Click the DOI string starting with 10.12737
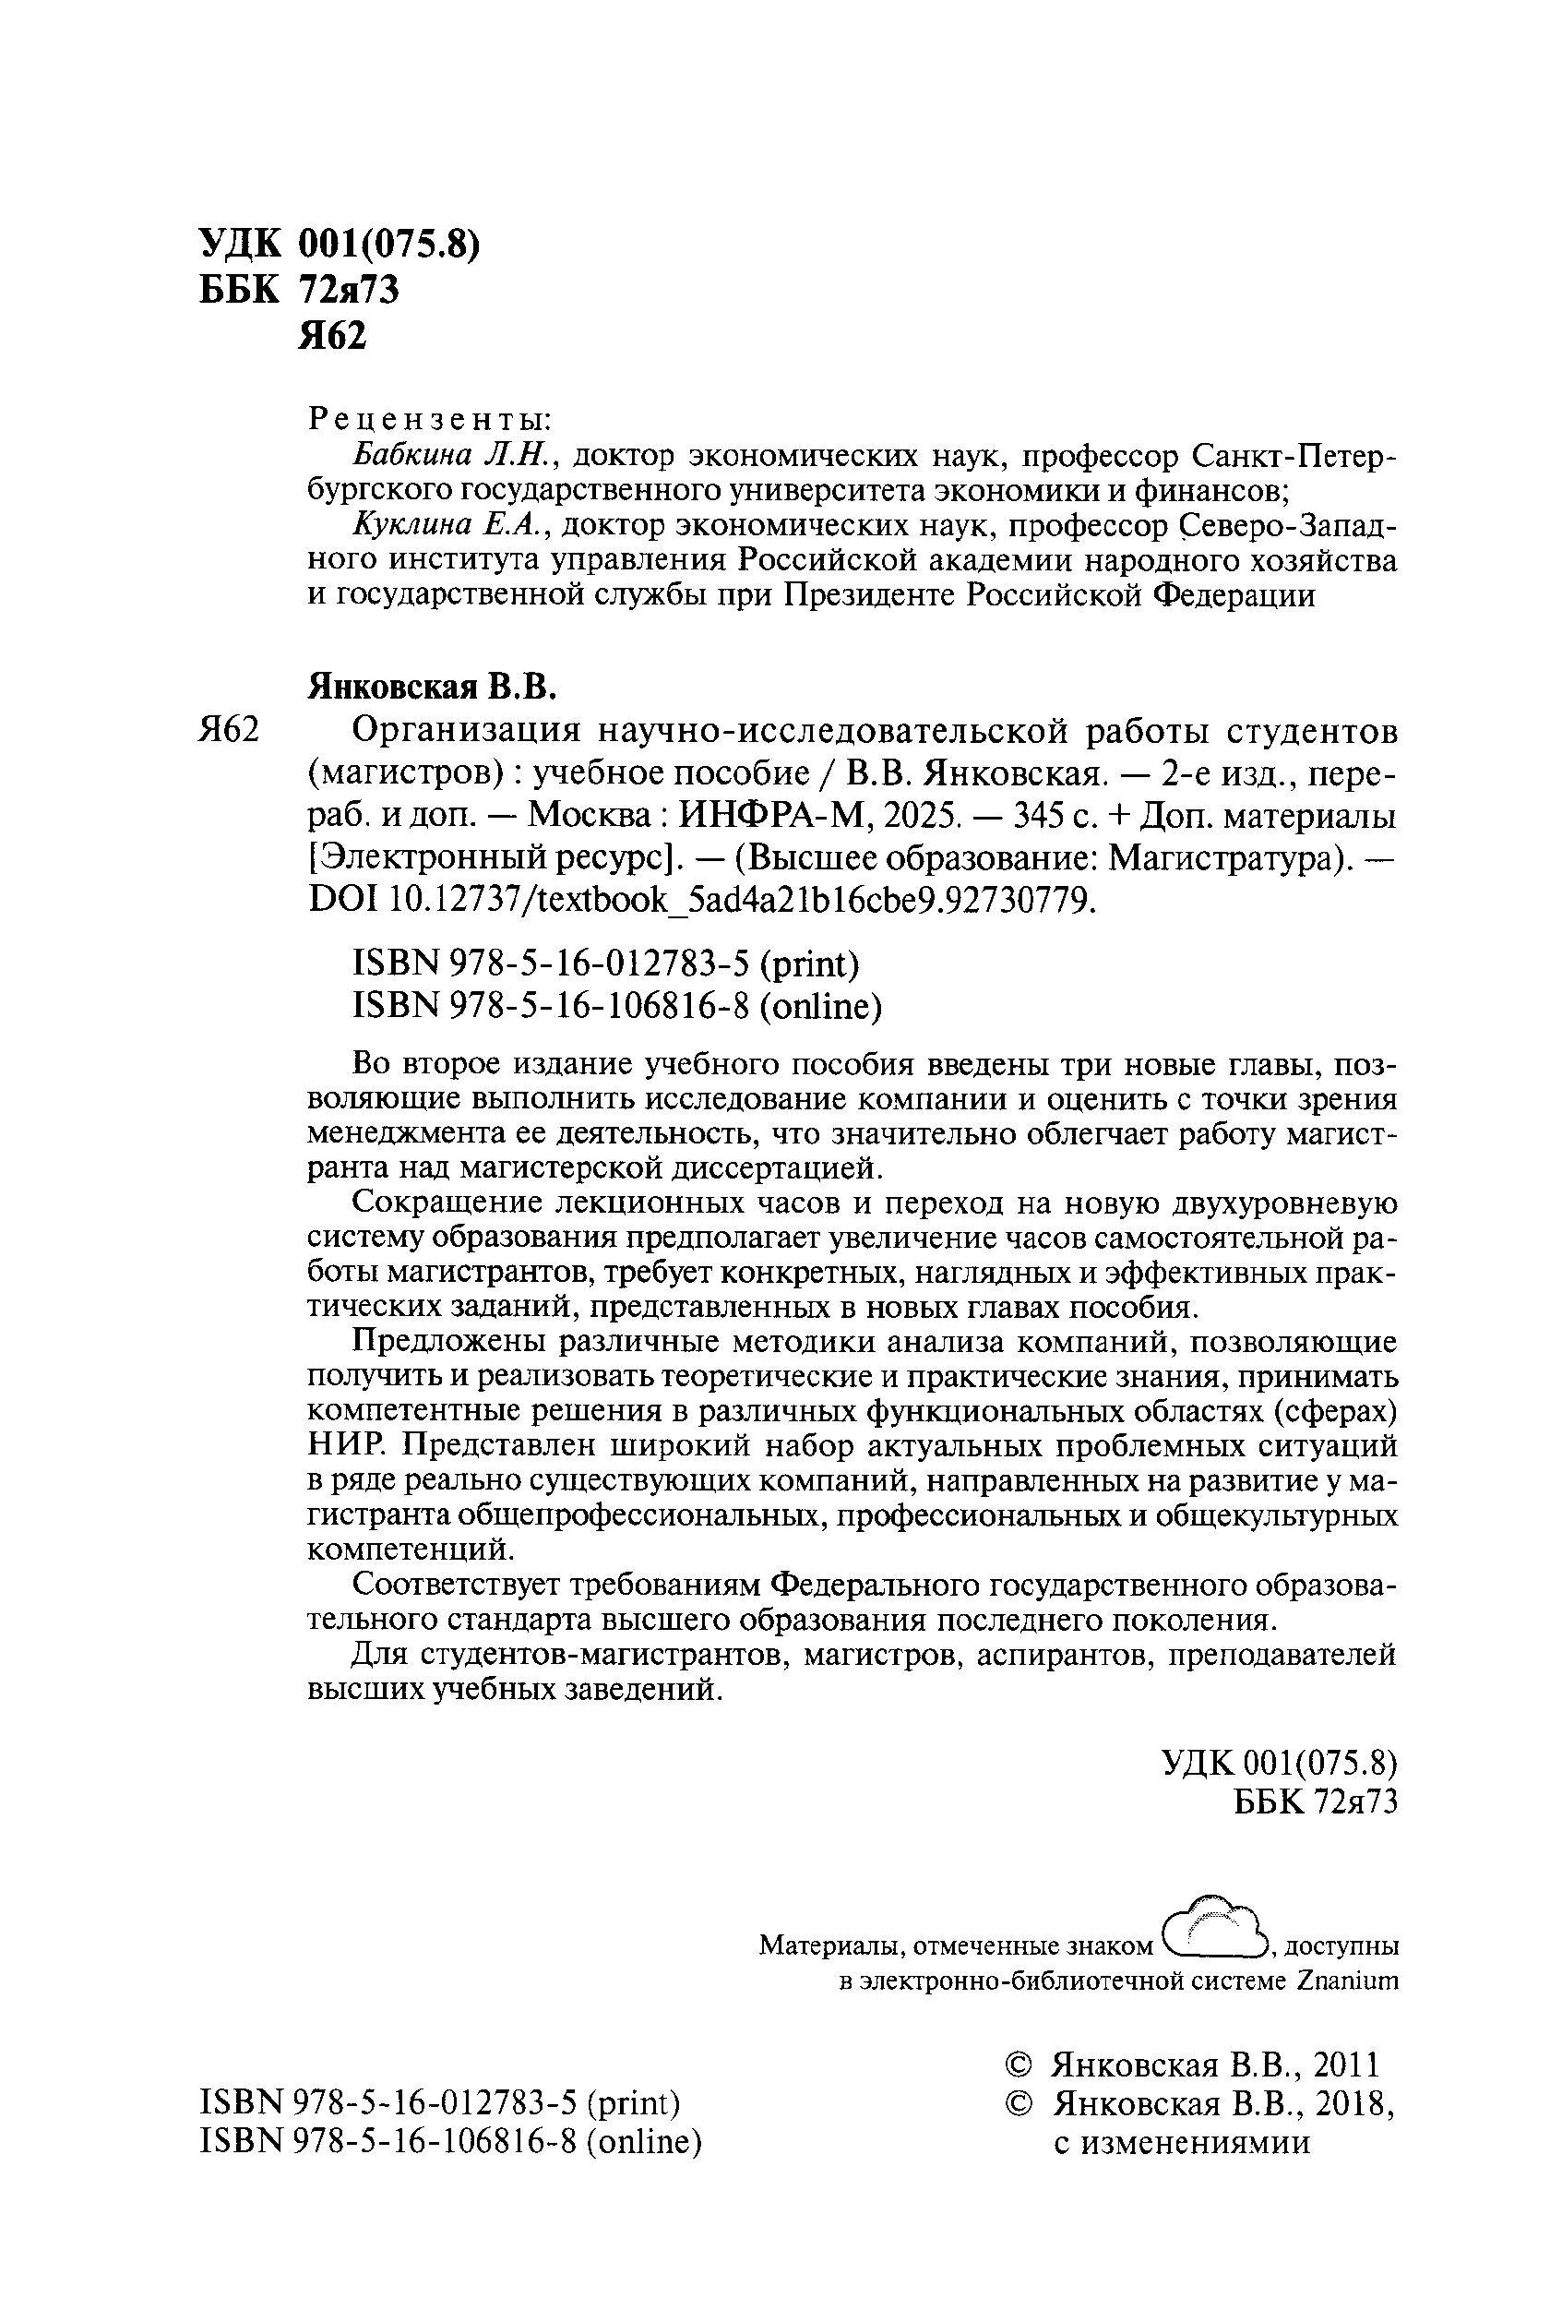pos(743,900)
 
